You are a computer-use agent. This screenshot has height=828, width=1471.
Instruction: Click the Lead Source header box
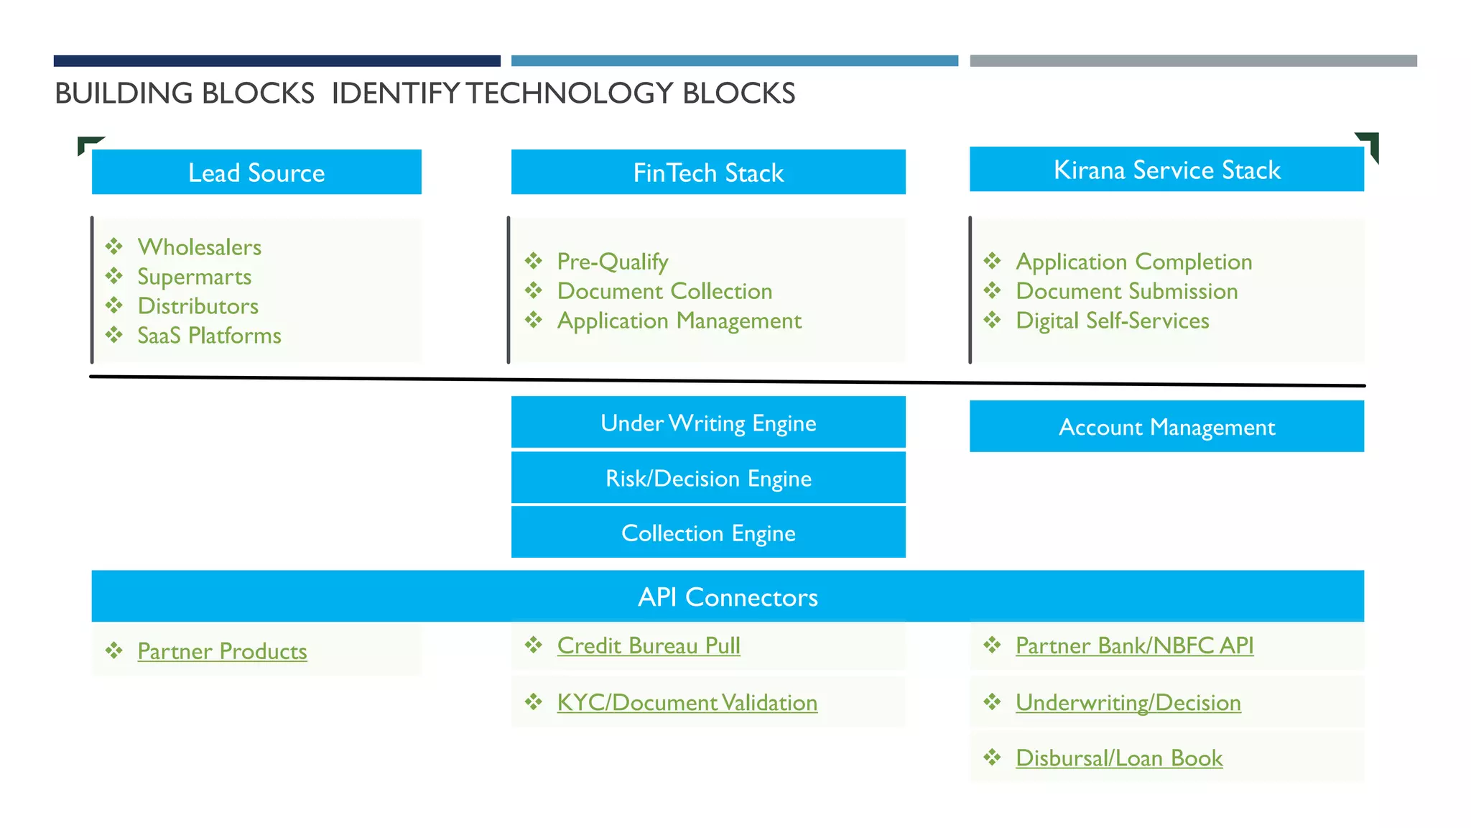(x=256, y=172)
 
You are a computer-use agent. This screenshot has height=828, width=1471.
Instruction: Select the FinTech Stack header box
(x=708, y=172)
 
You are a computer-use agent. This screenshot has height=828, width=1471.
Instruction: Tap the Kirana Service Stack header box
(x=1166, y=170)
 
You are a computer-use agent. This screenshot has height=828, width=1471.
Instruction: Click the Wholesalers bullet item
(x=199, y=247)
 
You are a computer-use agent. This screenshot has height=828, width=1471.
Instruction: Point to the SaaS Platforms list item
(x=209, y=336)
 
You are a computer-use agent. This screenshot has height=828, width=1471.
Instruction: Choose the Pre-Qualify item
(x=612, y=262)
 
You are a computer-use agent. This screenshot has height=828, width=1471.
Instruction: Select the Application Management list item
(x=679, y=321)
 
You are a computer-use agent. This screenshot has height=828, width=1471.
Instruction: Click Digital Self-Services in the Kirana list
(x=1112, y=321)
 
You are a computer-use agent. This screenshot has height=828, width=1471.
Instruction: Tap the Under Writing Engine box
(x=708, y=423)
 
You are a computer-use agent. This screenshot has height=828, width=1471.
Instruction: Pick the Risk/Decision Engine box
(x=708, y=478)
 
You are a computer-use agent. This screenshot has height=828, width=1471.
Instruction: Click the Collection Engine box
(x=708, y=533)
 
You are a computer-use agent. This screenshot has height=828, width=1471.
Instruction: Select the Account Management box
(x=1166, y=427)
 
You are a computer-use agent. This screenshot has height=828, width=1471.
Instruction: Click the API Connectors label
(x=728, y=597)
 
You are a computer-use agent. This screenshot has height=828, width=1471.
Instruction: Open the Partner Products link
(x=222, y=651)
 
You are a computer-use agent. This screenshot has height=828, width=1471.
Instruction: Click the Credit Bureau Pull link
(x=648, y=645)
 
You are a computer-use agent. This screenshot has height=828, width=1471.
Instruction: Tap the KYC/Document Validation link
(x=687, y=702)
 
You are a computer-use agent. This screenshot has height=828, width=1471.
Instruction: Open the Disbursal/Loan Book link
(x=1118, y=758)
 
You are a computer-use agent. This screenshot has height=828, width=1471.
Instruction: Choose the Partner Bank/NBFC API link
(x=1134, y=645)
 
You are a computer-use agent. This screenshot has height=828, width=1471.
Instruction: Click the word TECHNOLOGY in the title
(x=570, y=93)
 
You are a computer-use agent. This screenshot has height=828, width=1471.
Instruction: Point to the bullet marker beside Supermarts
(x=114, y=276)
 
